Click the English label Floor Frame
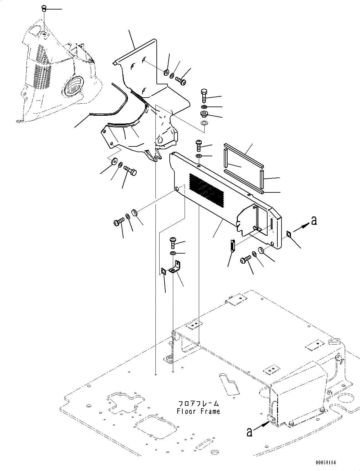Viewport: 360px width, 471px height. (199, 412)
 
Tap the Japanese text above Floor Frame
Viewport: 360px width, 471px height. (199, 404)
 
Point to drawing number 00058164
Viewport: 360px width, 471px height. (326, 462)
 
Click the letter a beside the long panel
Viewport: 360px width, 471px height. (314, 221)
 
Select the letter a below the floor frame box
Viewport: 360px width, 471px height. (249, 432)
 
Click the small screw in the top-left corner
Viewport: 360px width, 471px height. (44, 9)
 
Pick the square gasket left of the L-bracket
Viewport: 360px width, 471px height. (163, 271)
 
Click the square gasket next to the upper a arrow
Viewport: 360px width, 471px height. (289, 234)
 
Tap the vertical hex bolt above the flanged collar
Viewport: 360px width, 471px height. (204, 95)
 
